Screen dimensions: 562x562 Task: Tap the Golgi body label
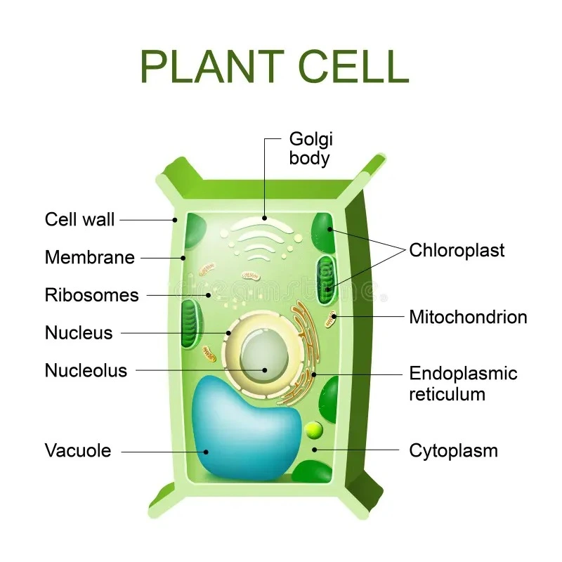(x=310, y=148)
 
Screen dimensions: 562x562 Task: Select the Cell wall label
(x=79, y=219)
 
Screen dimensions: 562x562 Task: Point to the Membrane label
(x=89, y=257)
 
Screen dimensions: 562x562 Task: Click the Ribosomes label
(x=92, y=295)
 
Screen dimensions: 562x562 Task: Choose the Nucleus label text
(x=79, y=332)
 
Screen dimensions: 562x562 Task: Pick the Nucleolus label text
(x=86, y=370)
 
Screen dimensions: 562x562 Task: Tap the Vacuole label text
(x=78, y=450)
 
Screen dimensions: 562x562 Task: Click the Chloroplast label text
(x=457, y=250)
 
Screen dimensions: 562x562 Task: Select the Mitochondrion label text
(x=468, y=317)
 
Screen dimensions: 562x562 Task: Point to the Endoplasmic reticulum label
(x=463, y=384)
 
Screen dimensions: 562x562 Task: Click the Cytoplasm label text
(x=453, y=450)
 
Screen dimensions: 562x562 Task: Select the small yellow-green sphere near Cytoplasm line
(x=314, y=429)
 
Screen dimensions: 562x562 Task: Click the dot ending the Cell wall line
(x=175, y=220)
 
